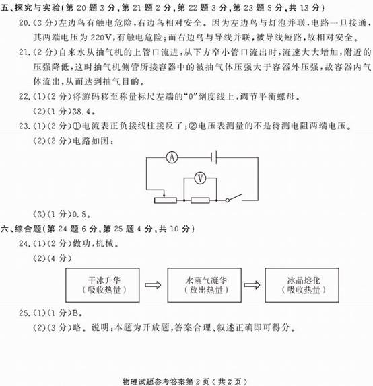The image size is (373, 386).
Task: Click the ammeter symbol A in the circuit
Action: point(172,157)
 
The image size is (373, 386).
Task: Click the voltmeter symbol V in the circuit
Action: point(200,178)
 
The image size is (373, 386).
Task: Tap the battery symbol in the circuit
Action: point(213,157)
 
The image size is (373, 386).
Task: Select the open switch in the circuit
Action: point(234,198)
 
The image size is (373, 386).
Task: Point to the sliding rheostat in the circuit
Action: point(166,199)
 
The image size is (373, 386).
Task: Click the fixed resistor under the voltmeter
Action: point(200,200)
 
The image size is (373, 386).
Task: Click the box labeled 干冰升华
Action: point(102,285)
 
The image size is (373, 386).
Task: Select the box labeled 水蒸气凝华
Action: point(205,285)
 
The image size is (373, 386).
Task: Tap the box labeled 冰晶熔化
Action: point(302,285)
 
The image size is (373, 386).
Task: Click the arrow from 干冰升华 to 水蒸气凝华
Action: point(153,285)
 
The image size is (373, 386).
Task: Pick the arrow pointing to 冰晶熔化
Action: point(252,285)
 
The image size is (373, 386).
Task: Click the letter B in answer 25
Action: point(75,313)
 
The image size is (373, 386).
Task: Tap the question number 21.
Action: point(24,52)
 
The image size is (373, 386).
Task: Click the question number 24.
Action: point(24,243)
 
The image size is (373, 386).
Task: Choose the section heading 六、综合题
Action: point(21,229)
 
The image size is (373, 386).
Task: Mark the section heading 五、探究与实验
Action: point(30,8)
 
